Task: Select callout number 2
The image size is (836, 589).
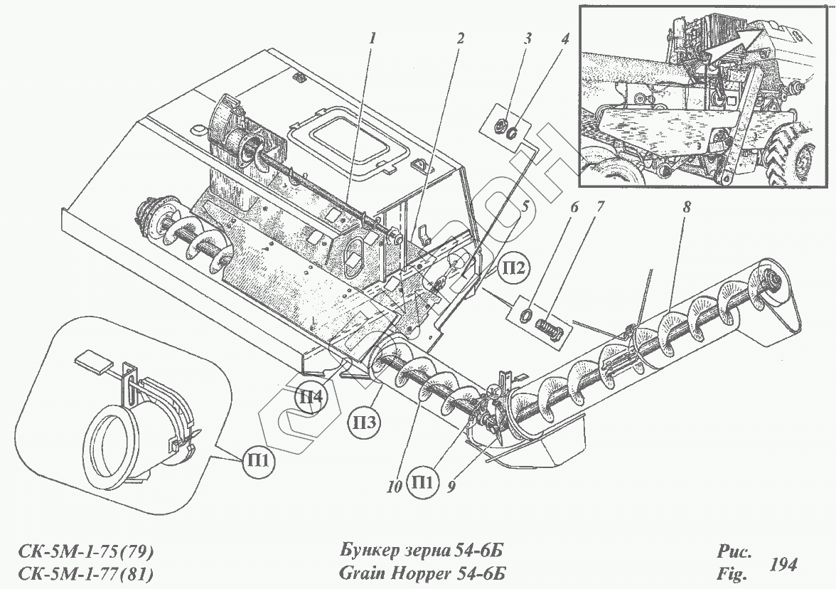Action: tap(460, 40)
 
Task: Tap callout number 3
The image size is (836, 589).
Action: tap(527, 39)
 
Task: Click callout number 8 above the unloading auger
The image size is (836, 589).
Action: tap(687, 208)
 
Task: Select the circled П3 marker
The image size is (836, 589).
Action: tap(364, 423)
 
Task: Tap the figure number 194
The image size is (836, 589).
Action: tap(783, 565)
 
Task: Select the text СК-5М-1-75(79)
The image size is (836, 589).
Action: tap(84, 552)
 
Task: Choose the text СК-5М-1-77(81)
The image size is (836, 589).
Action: tap(84, 573)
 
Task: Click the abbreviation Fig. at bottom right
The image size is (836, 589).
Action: tap(730, 573)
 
